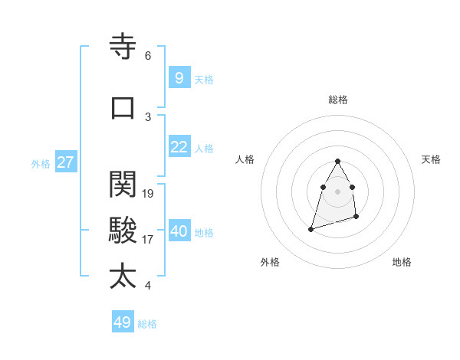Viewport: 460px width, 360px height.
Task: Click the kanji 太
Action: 123,276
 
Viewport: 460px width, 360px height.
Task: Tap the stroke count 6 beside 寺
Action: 148,56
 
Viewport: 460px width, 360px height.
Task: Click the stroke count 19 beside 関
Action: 149,194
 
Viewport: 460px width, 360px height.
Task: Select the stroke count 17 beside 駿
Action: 149,240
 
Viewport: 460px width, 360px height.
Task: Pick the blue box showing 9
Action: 179,78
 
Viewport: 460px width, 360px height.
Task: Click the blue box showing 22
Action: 179,147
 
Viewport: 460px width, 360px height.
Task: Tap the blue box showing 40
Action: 179,231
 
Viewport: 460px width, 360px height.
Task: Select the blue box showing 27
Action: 65,162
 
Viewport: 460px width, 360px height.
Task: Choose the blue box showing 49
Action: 123,322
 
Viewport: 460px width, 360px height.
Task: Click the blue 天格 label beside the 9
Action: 204,79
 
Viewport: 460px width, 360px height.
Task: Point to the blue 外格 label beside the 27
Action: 41,163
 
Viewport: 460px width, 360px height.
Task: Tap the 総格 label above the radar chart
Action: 338,100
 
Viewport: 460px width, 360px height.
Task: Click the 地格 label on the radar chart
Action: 402,262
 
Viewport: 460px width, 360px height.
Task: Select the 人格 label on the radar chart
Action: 245,159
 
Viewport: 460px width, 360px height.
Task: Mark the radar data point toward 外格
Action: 310,229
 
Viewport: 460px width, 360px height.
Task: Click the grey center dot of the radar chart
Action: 338,191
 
